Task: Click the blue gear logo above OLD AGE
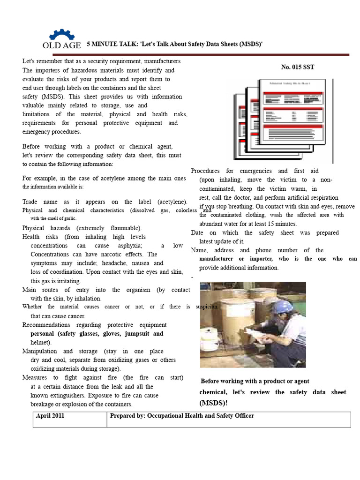click(61, 35)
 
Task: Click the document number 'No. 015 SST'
click(297, 67)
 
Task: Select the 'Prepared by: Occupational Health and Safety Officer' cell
click(182, 416)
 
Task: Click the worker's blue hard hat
click(282, 307)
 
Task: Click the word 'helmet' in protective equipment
click(40, 342)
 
